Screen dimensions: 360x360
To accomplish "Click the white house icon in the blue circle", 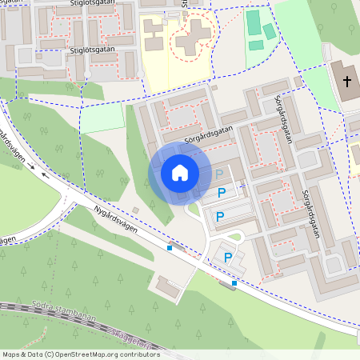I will pyautogui.click(x=180, y=172).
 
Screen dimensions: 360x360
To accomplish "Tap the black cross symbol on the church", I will pyautogui.click(x=347, y=81).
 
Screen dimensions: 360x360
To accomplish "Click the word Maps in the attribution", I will pyautogui.click(x=11, y=354).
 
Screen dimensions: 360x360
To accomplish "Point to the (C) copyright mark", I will pyautogui.click(x=50, y=354).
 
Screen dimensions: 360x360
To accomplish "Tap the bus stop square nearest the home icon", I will pyautogui.click(x=170, y=248).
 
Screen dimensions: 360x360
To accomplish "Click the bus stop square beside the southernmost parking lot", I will pyautogui.click(x=234, y=283).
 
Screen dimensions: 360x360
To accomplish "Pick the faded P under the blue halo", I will pyautogui.click(x=219, y=174).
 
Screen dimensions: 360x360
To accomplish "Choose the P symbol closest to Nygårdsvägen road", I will pyautogui.click(x=228, y=257).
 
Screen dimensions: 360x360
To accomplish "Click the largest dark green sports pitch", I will pyautogui.click(x=254, y=23).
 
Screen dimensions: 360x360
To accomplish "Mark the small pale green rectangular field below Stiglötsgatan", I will pyautogui.click(x=103, y=118).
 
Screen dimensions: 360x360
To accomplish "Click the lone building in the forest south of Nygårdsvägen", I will pyautogui.click(x=169, y=286).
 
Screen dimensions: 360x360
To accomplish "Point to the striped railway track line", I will pyautogui.click(x=48, y=316).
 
